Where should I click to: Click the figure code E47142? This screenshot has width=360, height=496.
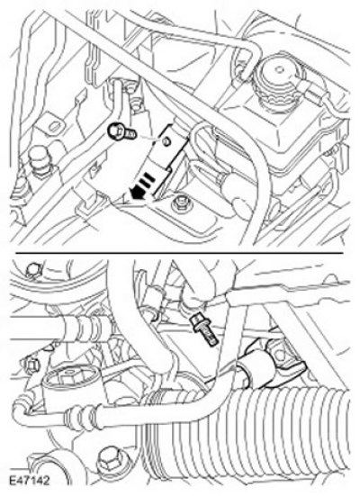pyautogui.click(x=29, y=481)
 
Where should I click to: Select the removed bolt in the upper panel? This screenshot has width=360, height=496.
pyautogui.click(x=122, y=133)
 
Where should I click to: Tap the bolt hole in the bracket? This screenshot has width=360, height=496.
pyautogui.click(x=165, y=142)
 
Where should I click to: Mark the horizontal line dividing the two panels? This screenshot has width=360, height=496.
pyautogui.click(x=179, y=253)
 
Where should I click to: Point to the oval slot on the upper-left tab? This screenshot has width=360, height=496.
pyautogui.click(x=57, y=127)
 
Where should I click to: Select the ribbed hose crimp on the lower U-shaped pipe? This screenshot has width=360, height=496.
pyautogui.click(x=80, y=417)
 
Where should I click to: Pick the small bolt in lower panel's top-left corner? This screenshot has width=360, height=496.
pyautogui.click(x=32, y=270)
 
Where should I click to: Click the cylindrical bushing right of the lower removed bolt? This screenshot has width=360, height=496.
pyautogui.click(x=256, y=367)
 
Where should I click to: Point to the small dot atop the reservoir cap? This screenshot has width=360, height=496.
pyautogui.click(x=279, y=68)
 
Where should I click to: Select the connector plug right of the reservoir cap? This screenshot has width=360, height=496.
pyautogui.click(x=313, y=92)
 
